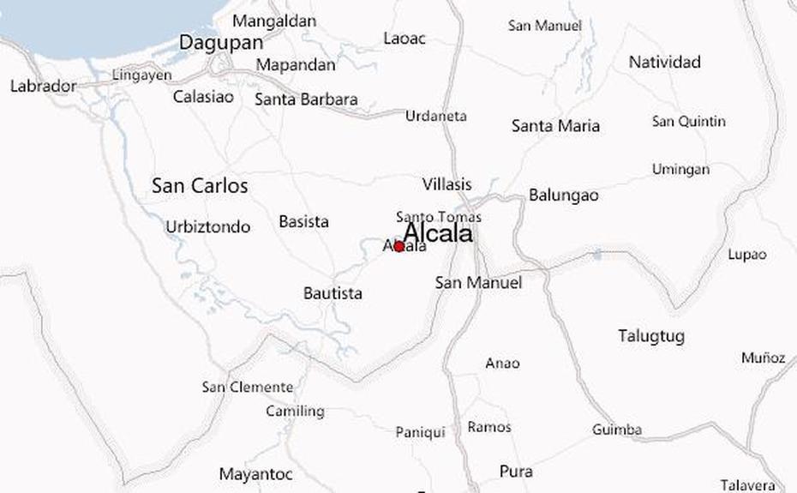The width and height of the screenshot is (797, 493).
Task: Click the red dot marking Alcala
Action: pyautogui.click(x=399, y=247)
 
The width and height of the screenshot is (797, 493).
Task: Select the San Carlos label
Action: pyautogui.click(x=200, y=185)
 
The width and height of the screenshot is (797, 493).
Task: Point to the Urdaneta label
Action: pyautogui.click(x=436, y=116)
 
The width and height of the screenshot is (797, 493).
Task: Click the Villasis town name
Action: pyautogui.click(x=446, y=184)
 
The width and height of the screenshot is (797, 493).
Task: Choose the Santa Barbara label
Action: pyautogui.click(x=306, y=99)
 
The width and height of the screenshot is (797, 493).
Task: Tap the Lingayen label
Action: pyautogui.click(x=142, y=75)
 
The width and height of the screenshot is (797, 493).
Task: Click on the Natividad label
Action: pyautogui.click(x=664, y=62)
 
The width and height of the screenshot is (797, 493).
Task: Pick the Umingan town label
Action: pyautogui.click(x=680, y=169)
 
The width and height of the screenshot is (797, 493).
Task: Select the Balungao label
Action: pyautogui.click(x=563, y=195)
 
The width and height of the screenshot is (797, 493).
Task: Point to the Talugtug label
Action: pyautogui.click(x=651, y=336)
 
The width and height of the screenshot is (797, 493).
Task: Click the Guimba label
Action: pyautogui.click(x=617, y=430)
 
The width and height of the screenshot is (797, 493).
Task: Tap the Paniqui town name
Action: pyautogui.click(x=420, y=432)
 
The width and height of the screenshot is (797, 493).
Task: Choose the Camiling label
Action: pyautogui.click(x=295, y=412)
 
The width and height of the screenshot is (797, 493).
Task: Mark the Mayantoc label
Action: pyautogui.click(x=255, y=474)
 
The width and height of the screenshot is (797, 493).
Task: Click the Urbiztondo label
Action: pyautogui.click(x=207, y=227)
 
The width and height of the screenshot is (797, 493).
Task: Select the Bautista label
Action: pyautogui.click(x=333, y=293)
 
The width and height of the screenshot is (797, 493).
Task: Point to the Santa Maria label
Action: pyautogui.click(x=555, y=126)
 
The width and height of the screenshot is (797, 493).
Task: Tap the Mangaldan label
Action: pyautogui.click(x=274, y=21)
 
